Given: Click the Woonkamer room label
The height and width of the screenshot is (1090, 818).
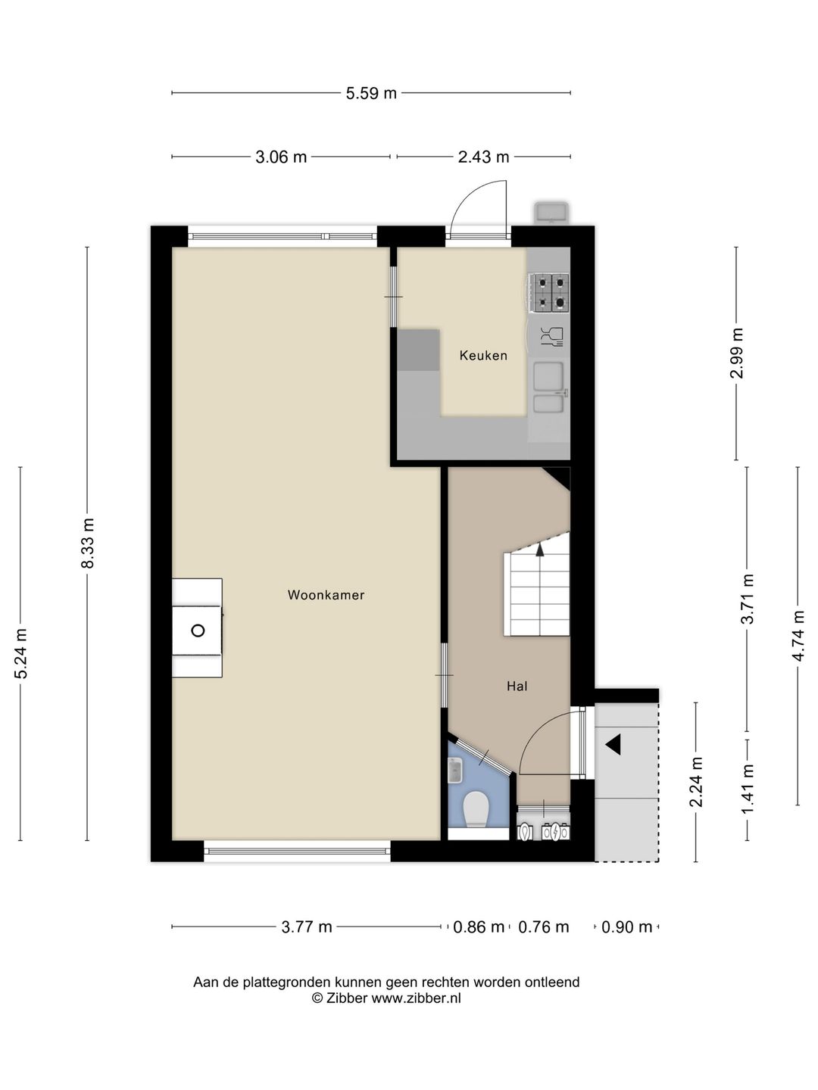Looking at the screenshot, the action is (x=326, y=595).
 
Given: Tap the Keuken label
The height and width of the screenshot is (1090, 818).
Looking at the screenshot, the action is (x=483, y=356).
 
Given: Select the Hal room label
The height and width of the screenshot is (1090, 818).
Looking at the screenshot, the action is (x=517, y=687).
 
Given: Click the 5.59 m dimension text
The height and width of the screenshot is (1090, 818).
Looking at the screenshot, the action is (x=371, y=93).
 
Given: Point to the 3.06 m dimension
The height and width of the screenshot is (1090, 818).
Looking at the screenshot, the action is (x=280, y=157).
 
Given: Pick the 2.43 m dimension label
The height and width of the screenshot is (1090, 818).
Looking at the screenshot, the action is (x=483, y=157).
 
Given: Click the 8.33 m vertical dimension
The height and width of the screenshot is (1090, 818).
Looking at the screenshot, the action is (x=88, y=543).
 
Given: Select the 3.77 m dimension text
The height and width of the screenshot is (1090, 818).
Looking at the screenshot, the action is (x=307, y=926).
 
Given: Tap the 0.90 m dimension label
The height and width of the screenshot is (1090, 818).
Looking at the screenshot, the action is (x=626, y=926).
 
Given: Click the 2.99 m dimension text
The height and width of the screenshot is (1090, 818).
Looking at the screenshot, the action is (x=736, y=353).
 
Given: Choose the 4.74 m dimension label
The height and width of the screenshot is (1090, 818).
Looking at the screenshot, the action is (x=798, y=636).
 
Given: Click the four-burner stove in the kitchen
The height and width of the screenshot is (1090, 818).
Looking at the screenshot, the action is (x=551, y=292).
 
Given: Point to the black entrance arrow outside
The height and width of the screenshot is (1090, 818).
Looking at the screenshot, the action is (x=613, y=745).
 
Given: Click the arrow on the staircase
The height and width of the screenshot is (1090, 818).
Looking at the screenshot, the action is (x=539, y=550).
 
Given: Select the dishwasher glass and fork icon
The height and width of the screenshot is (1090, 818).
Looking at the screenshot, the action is (x=552, y=336).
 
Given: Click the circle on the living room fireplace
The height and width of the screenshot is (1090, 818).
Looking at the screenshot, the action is (x=198, y=631).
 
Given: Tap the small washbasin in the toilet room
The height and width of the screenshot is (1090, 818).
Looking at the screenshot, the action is (x=455, y=771).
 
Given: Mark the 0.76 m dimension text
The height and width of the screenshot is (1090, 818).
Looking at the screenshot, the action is (x=543, y=926).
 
